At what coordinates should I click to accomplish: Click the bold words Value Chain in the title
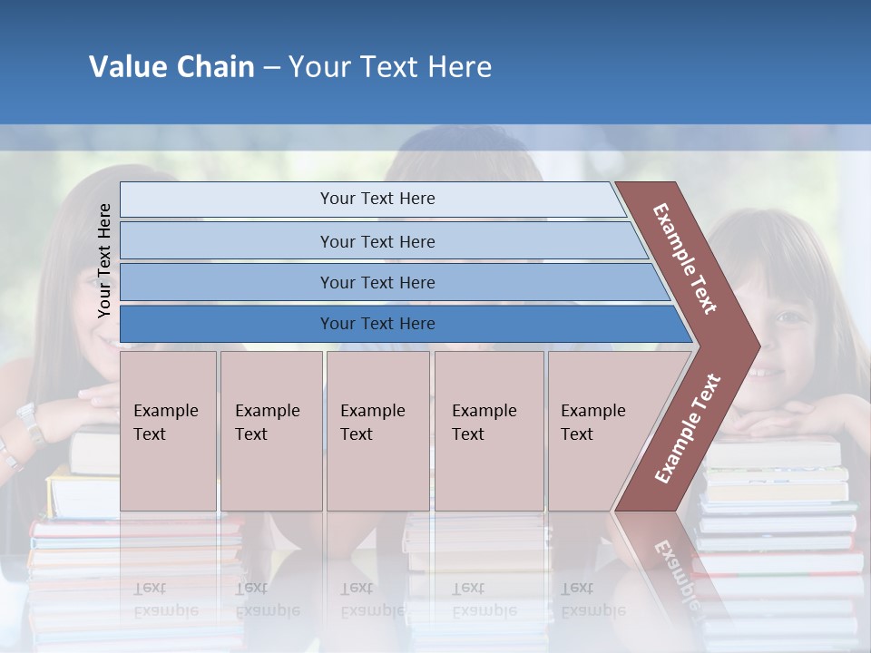(171, 67)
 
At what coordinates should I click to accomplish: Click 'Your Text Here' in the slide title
(390, 67)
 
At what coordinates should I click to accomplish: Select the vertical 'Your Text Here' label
(105, 261)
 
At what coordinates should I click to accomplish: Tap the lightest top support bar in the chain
(377, 199)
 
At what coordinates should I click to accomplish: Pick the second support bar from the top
(377, 241)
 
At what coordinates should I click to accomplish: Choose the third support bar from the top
(377, 282)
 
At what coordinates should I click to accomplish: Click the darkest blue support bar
(377, 324)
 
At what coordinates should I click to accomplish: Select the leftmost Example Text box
(168, 431)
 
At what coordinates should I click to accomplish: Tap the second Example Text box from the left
(270, 431)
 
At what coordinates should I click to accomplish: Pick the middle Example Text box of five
(377, 431)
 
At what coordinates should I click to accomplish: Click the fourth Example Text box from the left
(488, 431)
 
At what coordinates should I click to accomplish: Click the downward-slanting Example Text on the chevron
(685, 258)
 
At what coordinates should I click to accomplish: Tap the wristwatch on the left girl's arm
(29, 424)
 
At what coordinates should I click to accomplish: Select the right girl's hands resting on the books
(789, 420)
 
